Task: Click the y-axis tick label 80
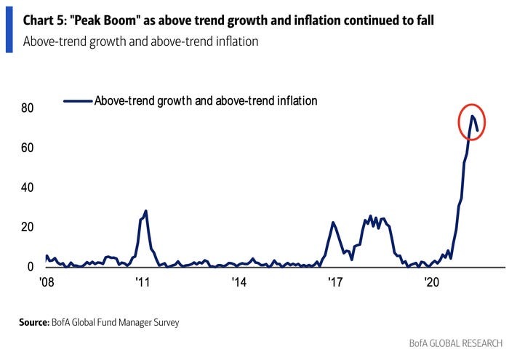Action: coord(28,108)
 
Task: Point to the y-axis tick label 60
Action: coord(28,148)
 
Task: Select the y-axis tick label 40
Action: coord(28,188)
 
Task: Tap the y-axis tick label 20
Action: coord(28,227)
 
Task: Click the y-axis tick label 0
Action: coord(31,267)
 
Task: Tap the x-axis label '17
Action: coord(334,282)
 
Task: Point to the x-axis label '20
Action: coord(432,282)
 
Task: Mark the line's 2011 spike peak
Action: coord(146,211)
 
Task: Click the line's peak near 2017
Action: coord(333,223)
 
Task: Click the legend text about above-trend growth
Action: coord(206,101)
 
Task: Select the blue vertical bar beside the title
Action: coord(9,27)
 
